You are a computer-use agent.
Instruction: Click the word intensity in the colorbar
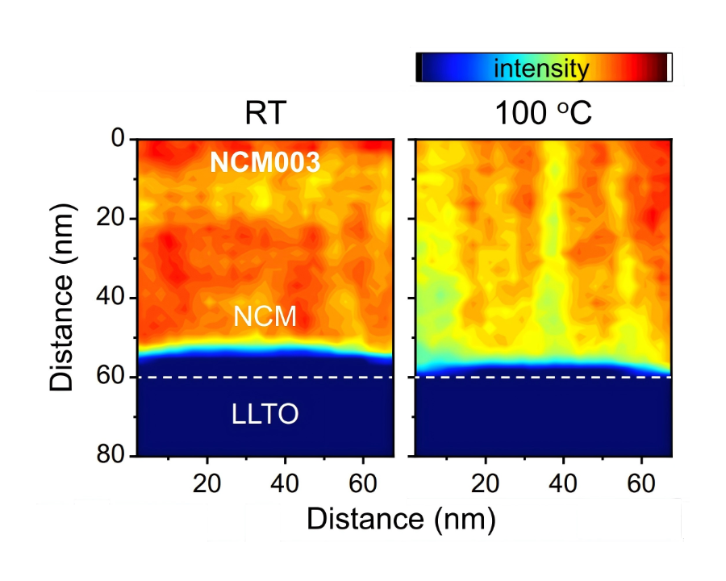(x=541, y=69)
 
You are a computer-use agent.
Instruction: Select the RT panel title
(x=265, y=114)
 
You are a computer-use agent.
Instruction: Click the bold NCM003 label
(x=265, y=163)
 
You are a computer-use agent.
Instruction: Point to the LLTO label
(x=265, y=415)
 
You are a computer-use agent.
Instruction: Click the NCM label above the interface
(x=265, y=317)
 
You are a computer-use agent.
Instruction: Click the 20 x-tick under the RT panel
(x=208, y=480)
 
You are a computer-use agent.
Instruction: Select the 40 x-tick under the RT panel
(x=286, y=480)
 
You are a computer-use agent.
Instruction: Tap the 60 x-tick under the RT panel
(x=363, y=480)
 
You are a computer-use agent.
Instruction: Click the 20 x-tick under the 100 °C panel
(x=486, y=480)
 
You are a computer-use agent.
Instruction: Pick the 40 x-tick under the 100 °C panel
(x=563, y=480)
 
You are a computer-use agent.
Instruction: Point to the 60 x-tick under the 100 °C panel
(x=641, y=480)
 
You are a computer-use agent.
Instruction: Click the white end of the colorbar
(x=670, y=68)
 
